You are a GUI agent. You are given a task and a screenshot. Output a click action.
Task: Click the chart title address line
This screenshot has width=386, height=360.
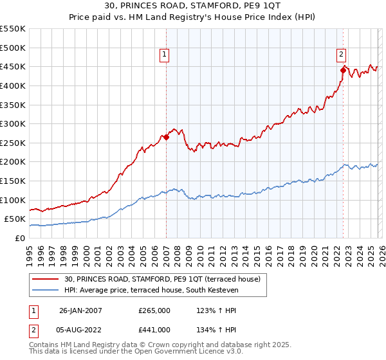click(192, 6)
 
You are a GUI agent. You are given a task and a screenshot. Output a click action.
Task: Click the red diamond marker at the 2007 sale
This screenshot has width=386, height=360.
click(166, 136)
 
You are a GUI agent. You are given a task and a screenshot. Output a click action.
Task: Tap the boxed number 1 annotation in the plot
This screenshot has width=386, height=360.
click(165, 55)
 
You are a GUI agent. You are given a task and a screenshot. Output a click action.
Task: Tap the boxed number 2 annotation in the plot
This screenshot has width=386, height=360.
click(341, 55)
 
